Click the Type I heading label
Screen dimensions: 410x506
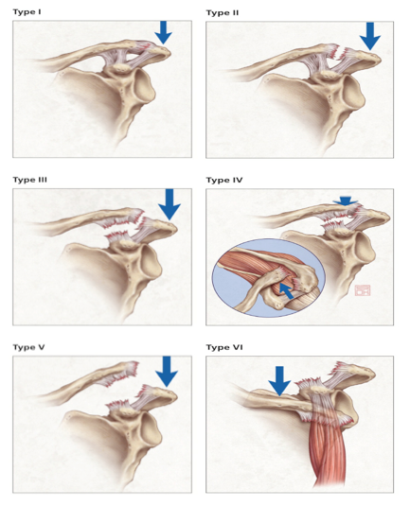27,12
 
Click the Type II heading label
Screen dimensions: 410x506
223,12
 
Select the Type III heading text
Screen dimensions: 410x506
29,180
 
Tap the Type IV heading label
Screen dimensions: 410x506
224,180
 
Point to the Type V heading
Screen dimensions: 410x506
28,347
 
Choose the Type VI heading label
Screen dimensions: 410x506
224,347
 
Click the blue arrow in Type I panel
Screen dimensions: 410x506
163,32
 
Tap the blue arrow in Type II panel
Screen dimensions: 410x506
370,36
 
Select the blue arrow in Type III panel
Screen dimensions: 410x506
169,204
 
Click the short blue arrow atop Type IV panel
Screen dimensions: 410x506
346,201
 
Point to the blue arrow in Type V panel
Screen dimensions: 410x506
167,372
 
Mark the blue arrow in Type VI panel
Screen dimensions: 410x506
279,381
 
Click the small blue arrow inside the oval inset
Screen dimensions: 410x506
287,291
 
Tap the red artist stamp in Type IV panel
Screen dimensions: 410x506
363,290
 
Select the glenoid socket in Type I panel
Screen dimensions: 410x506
144,86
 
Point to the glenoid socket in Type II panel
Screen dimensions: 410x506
353,92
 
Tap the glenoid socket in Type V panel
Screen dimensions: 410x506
150,428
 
